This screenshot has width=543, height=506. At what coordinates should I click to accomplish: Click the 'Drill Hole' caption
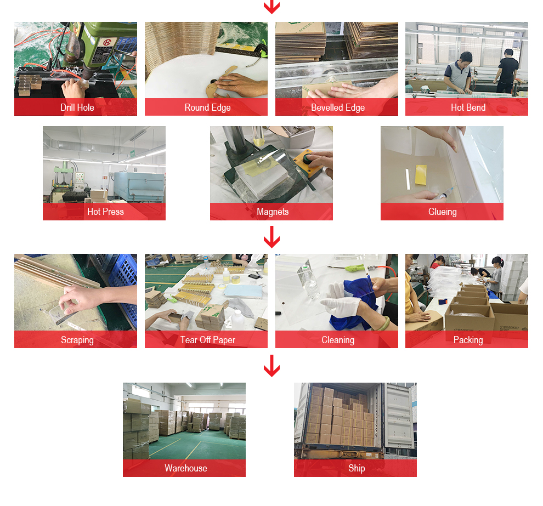click(77, 107)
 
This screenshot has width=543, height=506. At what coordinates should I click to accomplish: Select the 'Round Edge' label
click(207, 107)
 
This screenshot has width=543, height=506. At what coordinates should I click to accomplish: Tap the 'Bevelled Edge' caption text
click(338, 107)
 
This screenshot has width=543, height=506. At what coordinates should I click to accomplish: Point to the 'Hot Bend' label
click(468, 107)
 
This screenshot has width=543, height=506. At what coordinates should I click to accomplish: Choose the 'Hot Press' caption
click(105, 212)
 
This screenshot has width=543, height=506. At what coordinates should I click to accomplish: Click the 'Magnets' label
click(273, 212)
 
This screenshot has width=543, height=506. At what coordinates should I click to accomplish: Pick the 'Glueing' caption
click(442, 212)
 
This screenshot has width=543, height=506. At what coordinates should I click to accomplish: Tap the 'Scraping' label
click(77, 340)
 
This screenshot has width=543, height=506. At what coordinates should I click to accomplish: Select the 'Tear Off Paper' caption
click(207, 340)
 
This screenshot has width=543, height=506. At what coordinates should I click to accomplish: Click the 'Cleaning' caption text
click(338, 340)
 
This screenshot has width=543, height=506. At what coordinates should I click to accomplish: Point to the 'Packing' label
click(468, 340)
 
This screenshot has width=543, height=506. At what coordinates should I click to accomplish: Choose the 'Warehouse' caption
click(185, 468)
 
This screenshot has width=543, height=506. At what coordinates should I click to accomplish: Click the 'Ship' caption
click(357, 468)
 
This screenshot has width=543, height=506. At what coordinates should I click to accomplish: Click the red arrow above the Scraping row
click(271, 237)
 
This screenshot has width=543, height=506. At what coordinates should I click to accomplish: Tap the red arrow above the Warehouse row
click(271, 366)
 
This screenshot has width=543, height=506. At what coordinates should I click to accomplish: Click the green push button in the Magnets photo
click(308, 158)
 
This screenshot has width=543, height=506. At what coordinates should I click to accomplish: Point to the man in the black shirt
click(507, 71)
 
